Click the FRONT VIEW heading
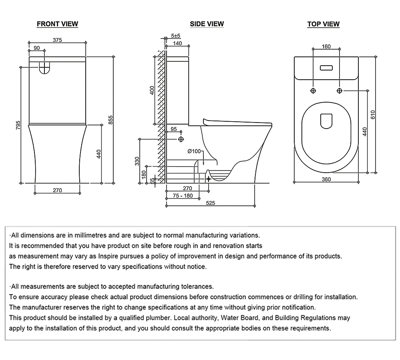[x=57, y=24]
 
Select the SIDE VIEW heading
[x=207, y=24]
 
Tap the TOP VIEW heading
[x=323, y=24]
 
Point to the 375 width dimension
[x=57, y=40]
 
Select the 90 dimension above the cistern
[x=36, y=48]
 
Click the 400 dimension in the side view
[x=151, y=91]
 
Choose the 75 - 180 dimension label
[x=183, y=196]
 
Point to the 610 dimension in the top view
[x=374, y=115]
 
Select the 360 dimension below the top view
[x=326, y=179]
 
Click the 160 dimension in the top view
[x=326, y=46]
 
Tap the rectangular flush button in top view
[x=326, y=68]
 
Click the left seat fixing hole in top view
[x=313, y=91]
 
